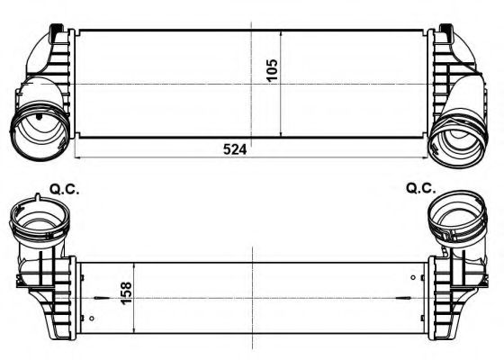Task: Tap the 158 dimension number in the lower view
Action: (x=124, y=294)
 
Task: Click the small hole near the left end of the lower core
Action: (x=93, y=319)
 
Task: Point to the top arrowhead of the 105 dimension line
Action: (x=283, y=33)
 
